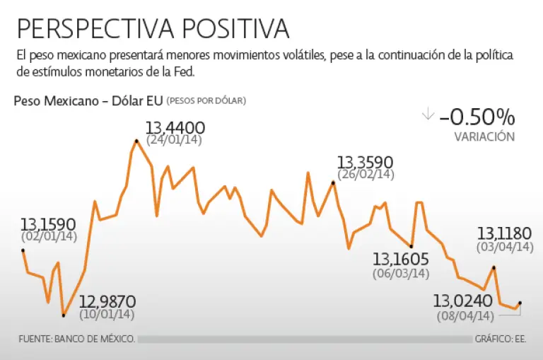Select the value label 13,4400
click(175, 128)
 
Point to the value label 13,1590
click(48, 225)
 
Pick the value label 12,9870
click(107, 302)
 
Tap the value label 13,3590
click(365, 163)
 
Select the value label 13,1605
click(400, 259)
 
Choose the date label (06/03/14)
click(400, 273)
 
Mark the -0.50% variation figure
click(477, 117)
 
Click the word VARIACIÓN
click(484, 137)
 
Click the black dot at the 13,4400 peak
click(136, 141)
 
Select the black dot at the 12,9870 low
click(63, 315)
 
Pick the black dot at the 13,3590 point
click(333, 183)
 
